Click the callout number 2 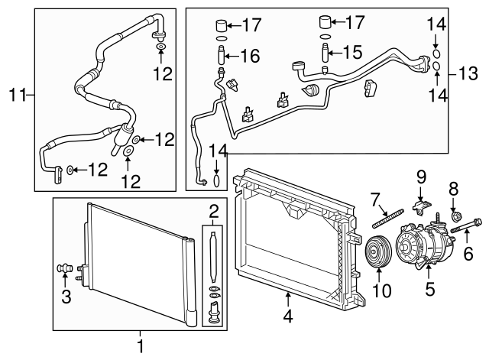pyautogui.click(x=215, y=210)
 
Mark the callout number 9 pyautogui.click(x=419, y=177)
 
